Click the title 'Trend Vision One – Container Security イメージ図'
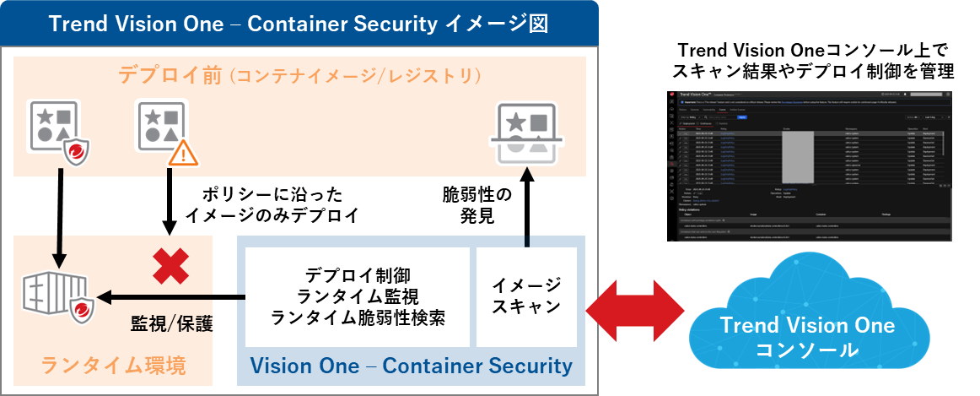(299, 23)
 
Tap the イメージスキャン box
(527, 296)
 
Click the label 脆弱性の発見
(477, 206)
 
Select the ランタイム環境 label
(113, 365)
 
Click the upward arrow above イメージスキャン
(527, 208)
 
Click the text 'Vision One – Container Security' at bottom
(412, 366)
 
